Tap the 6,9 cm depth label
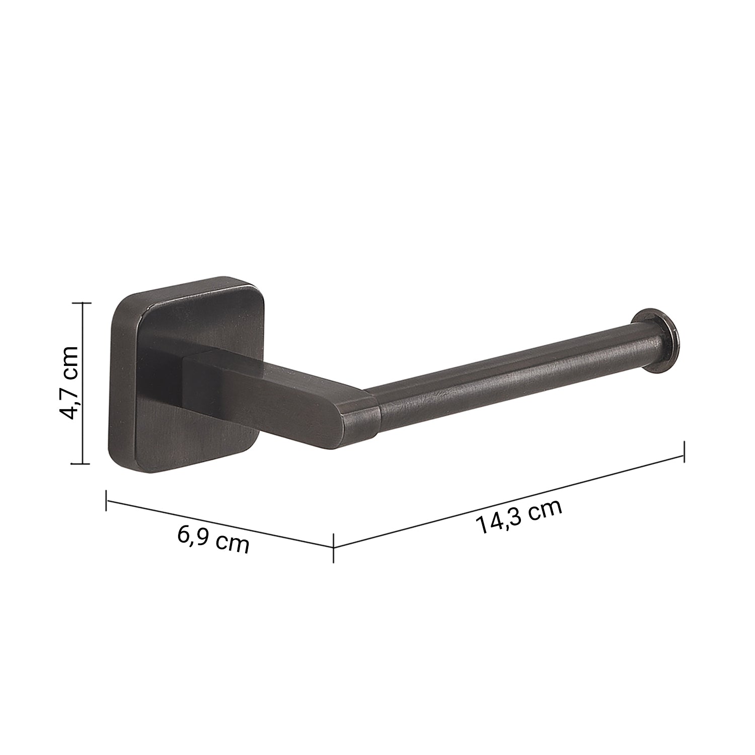click(213, 539)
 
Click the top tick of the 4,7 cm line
click(83, 304)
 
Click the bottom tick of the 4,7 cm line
click(83, 463)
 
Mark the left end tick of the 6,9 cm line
click(107, 500)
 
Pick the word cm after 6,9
click(233, 544)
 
